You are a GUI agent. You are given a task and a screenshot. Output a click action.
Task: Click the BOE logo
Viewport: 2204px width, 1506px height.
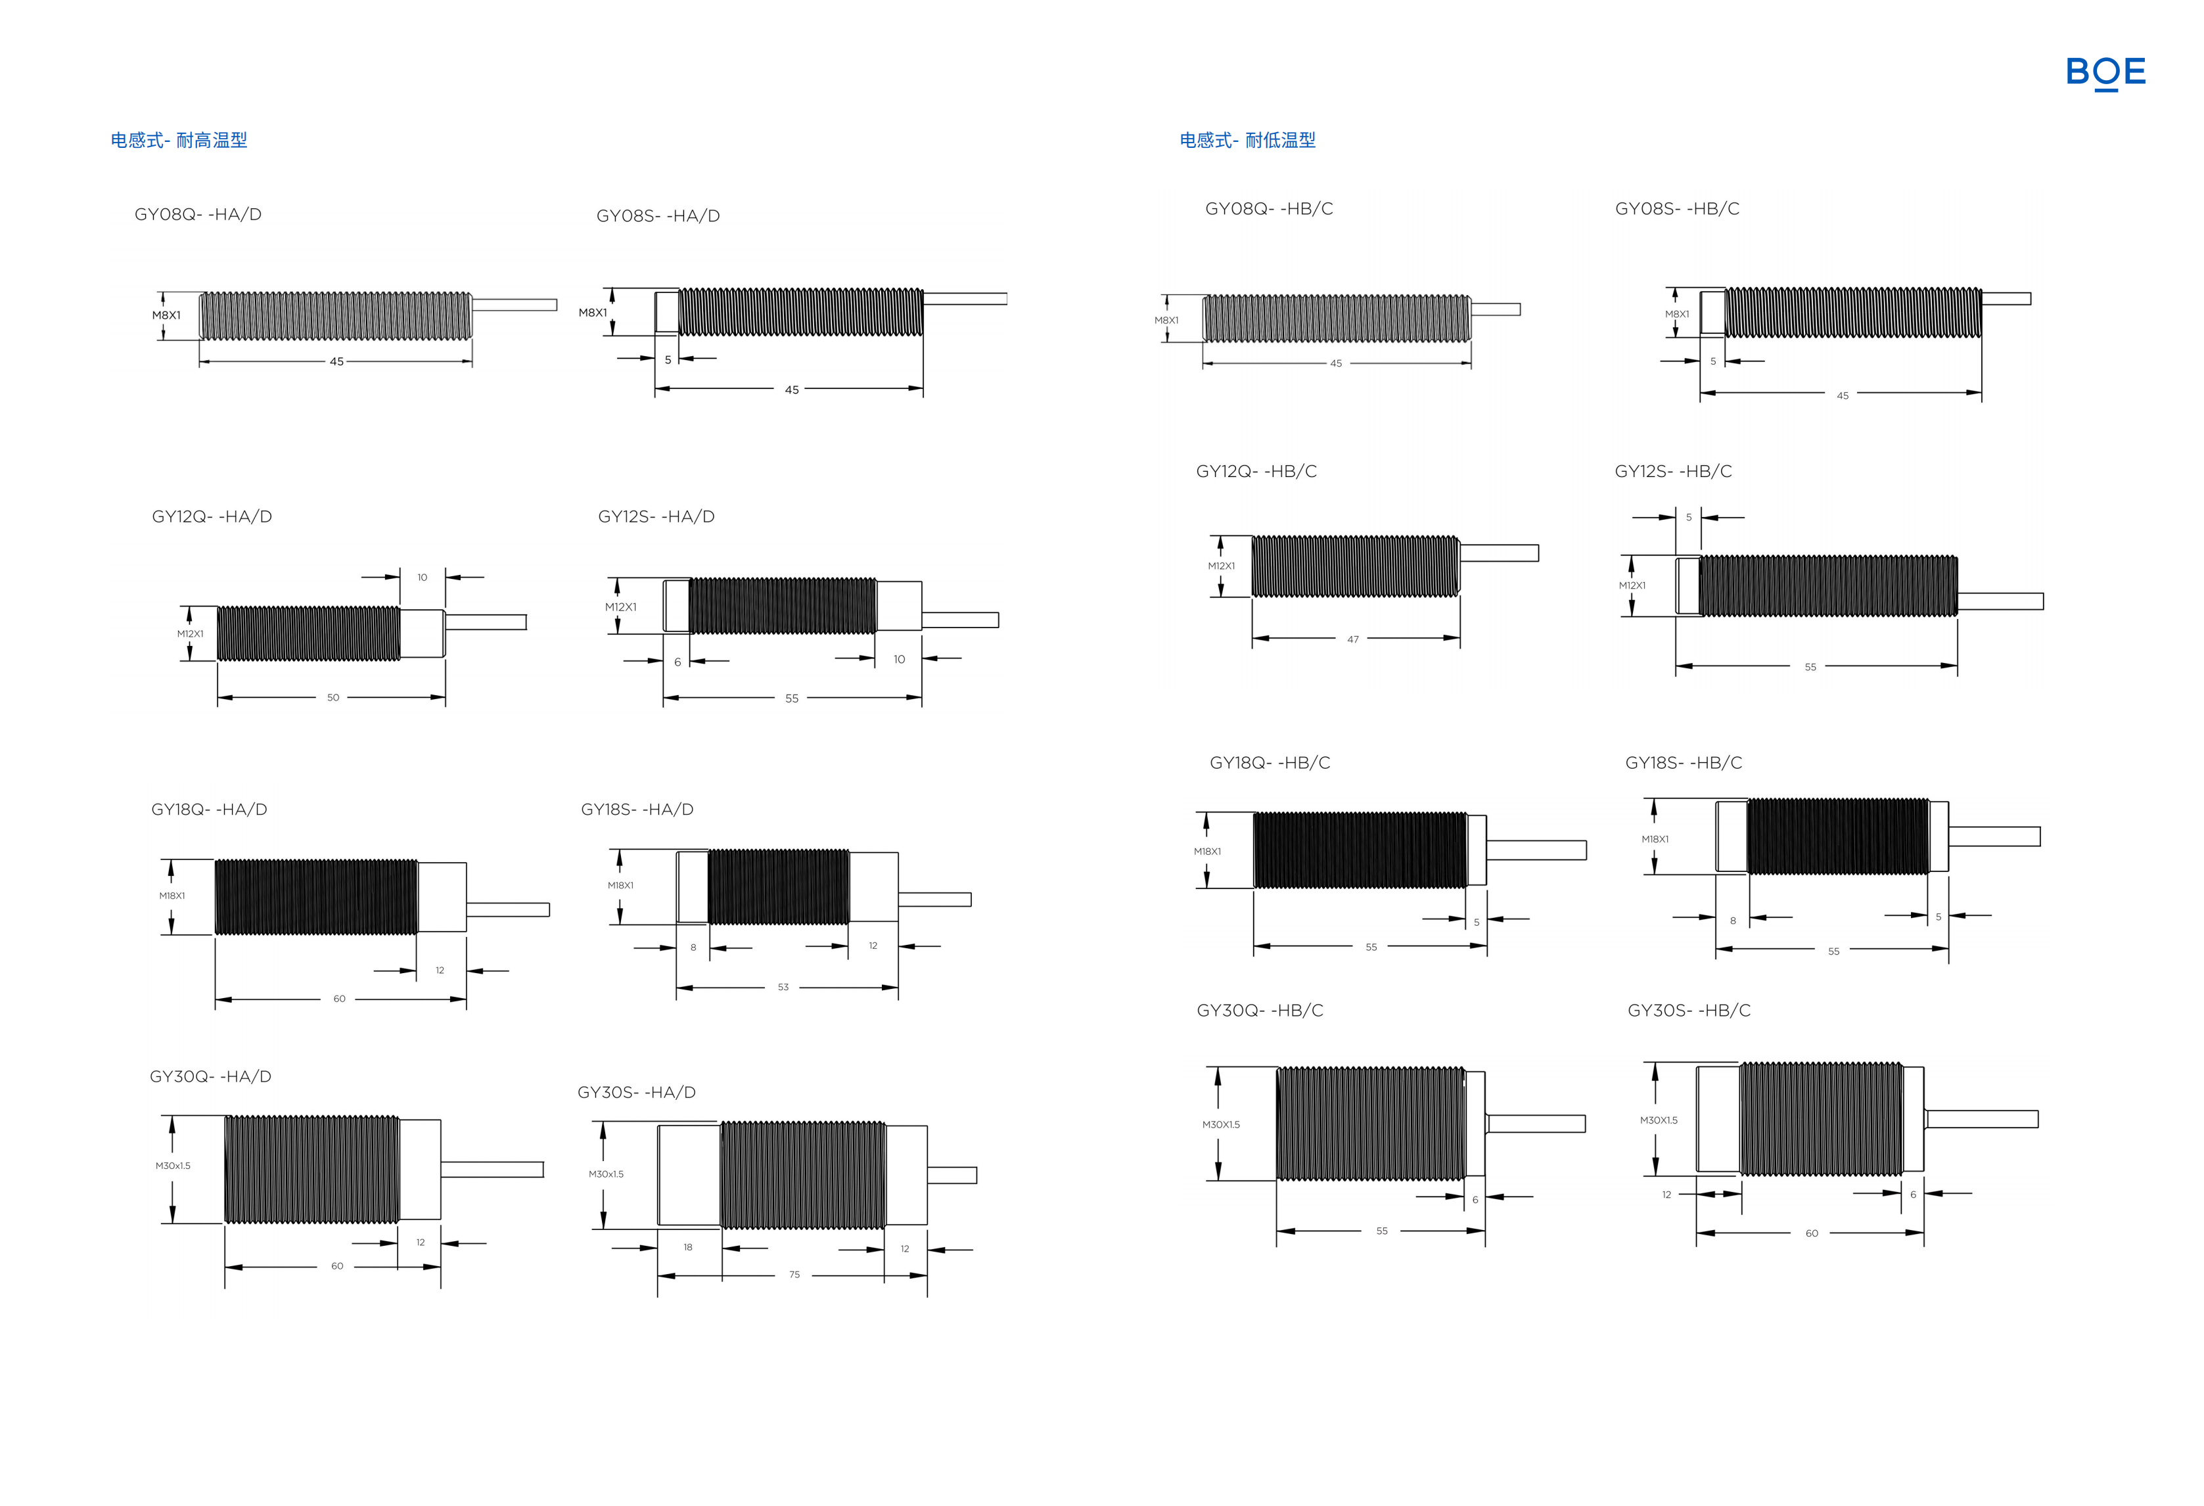pos(2105,72)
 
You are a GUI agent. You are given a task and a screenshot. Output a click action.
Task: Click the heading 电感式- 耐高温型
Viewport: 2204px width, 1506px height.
pos(179,141)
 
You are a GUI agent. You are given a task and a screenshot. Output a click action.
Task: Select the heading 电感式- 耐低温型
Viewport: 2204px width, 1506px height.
pos(1248,141)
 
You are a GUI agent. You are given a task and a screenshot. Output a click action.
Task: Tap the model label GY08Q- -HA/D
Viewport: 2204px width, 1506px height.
pos(198,214)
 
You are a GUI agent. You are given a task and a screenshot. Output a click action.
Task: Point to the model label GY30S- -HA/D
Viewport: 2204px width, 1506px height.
pos(636,1093)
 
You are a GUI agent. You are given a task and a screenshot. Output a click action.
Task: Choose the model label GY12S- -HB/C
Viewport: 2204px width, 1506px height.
pos(1673,471)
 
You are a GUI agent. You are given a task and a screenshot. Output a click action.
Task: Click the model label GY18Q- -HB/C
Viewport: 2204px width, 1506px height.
pos(1270,762)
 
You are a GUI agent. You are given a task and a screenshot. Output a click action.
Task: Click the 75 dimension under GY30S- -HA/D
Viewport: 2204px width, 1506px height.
pos(794,1275)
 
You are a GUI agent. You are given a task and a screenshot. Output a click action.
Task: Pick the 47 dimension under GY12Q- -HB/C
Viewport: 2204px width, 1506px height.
pos(1353,639)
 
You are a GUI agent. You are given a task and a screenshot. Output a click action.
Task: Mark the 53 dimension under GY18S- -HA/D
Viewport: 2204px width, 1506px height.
pos(783,988)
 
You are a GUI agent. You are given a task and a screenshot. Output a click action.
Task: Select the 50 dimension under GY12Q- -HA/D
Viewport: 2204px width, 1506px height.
pos(333,697)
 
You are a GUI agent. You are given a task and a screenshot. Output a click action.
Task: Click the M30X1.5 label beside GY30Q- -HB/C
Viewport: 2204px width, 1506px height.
pos(1222,1125)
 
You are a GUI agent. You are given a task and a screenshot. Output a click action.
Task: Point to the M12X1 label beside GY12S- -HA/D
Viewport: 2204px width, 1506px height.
pos(621,607)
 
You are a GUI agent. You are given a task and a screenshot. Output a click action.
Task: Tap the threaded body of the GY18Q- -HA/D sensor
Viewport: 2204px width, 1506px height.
pos(316,897)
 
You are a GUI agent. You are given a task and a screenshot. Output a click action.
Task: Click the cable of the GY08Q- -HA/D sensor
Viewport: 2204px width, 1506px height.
pos(514,304)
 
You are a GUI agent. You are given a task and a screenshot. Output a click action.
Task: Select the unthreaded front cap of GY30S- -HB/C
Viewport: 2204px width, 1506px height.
pos(1718,1119)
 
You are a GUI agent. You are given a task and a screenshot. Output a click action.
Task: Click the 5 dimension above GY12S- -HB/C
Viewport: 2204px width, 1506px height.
pos(1689,517)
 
